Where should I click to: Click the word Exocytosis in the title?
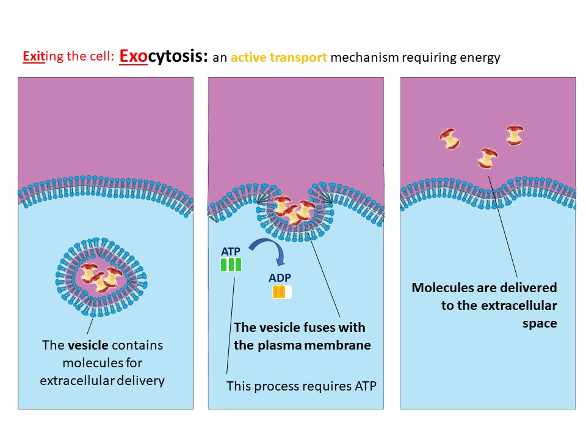[164, 57]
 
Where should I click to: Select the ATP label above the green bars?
[231, 251]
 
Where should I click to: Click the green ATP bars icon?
[231, 265]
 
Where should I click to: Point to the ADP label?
[280, 278]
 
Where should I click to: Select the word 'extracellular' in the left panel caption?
[76, 381]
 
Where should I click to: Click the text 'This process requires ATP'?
[302, 386]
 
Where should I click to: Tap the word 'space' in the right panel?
[540, 323]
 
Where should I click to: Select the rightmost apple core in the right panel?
[515, 135]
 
